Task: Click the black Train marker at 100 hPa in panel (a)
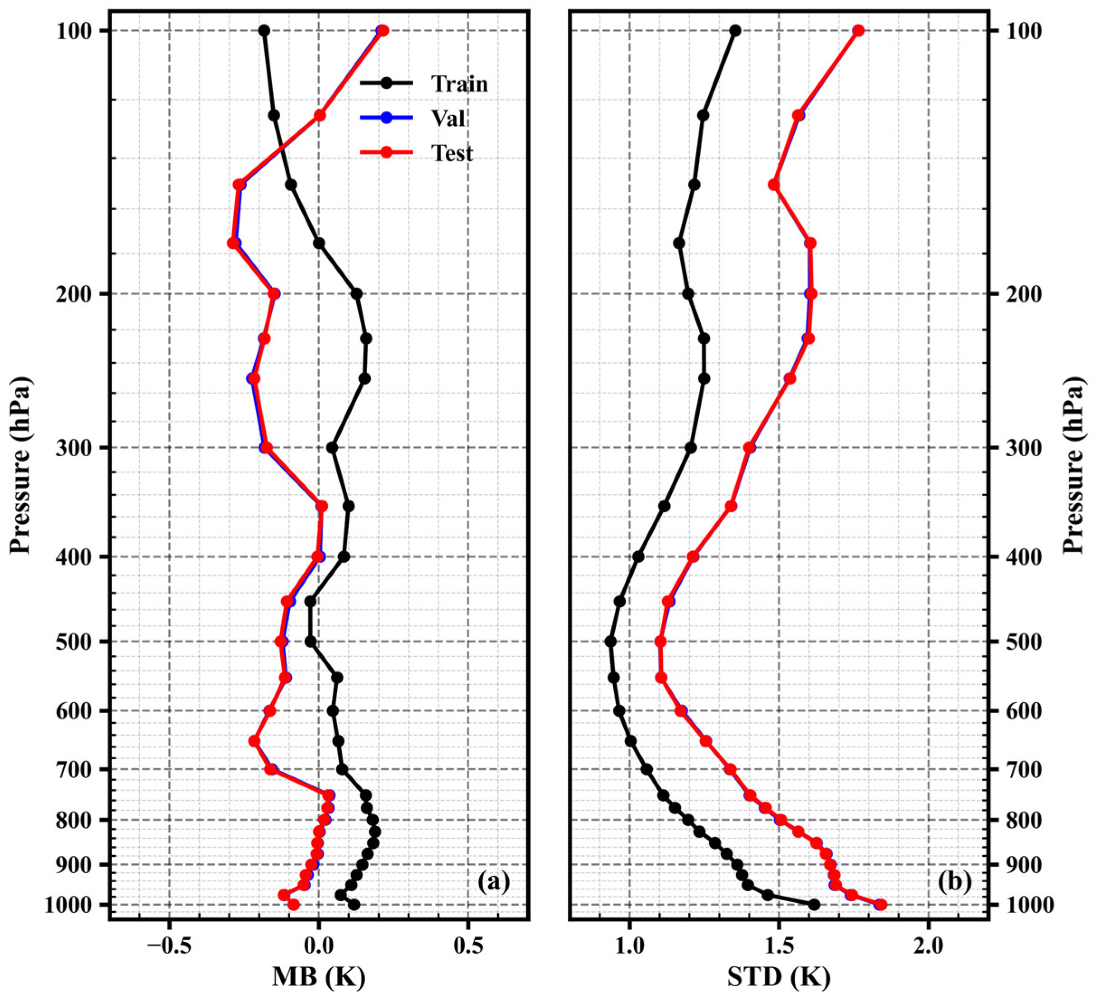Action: (x=264, y=31)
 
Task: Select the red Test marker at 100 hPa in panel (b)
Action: (x=858, y=31)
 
